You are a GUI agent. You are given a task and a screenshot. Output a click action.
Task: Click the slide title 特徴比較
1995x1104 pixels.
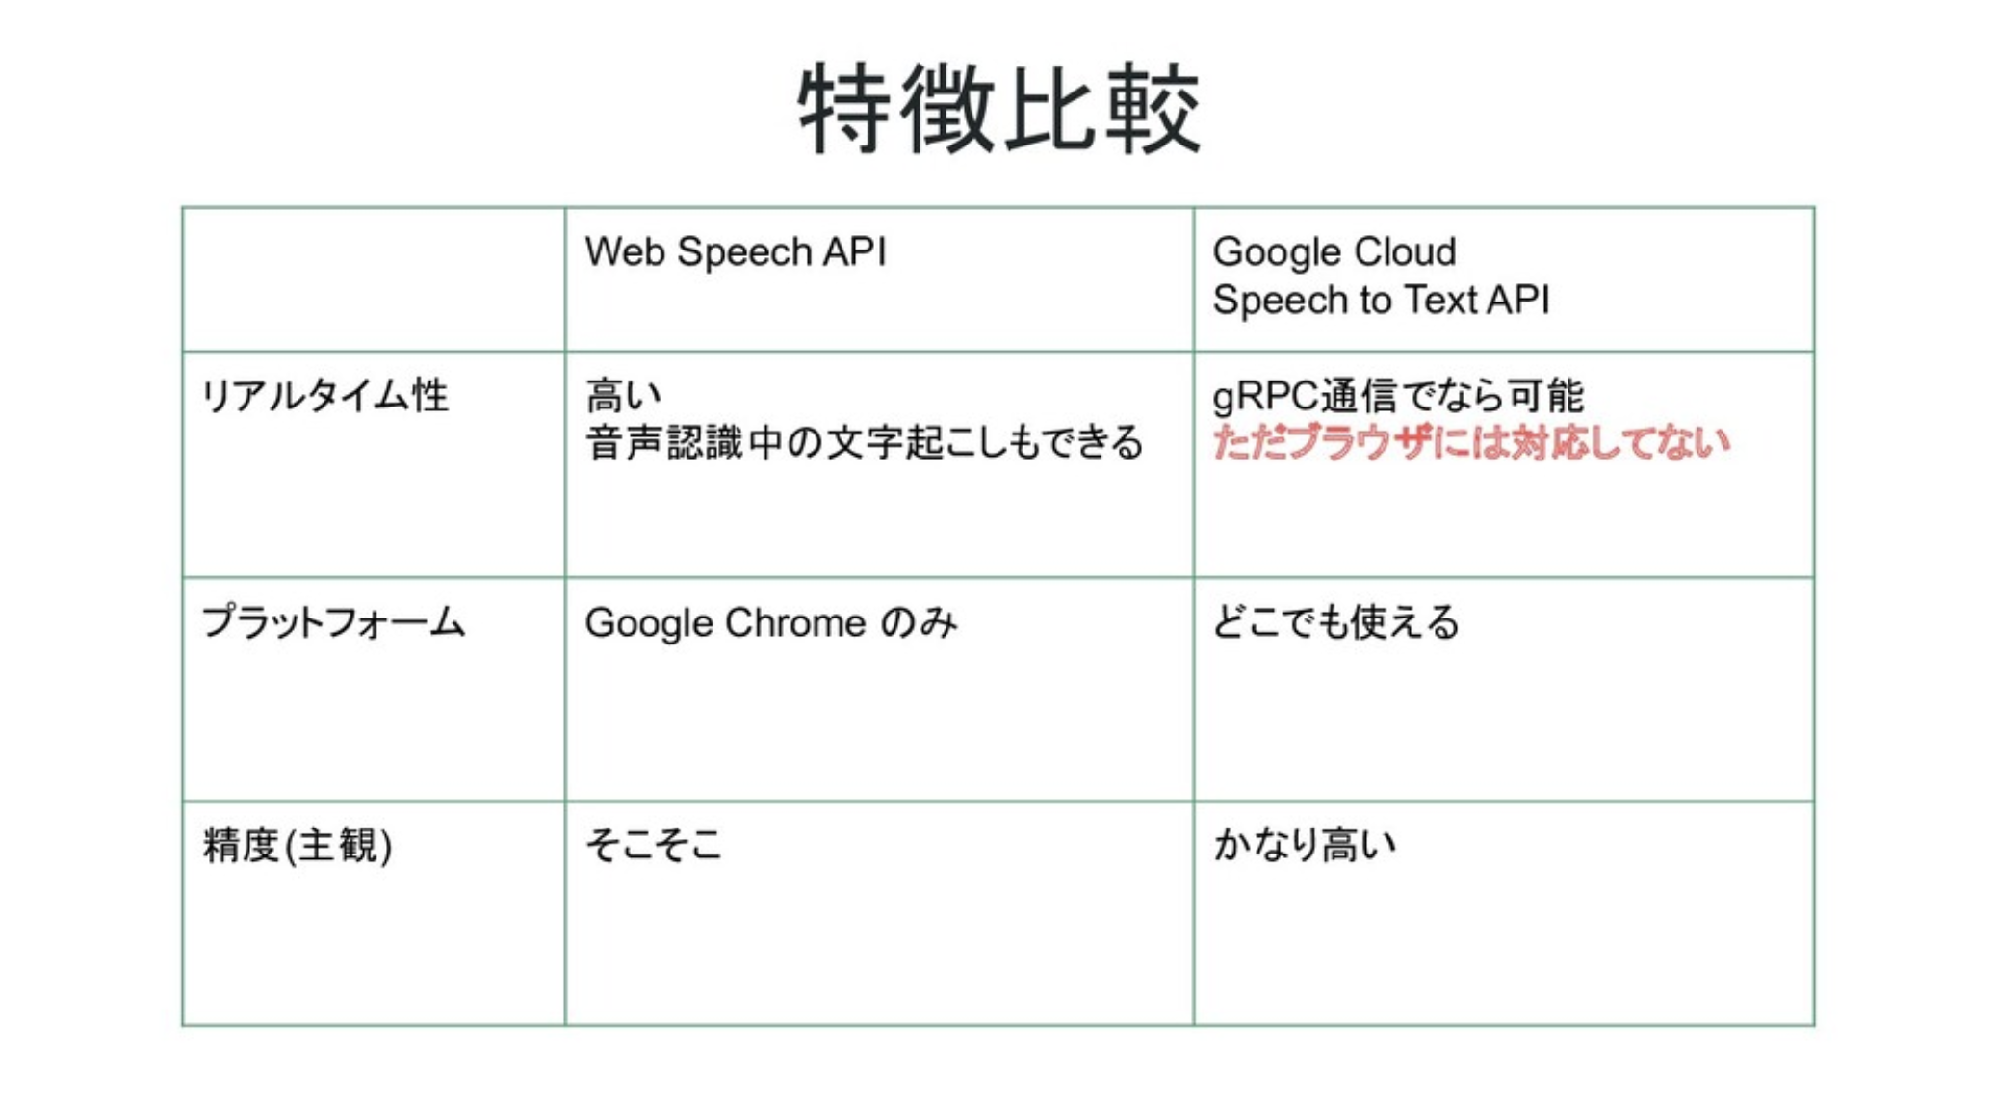coord(999,108)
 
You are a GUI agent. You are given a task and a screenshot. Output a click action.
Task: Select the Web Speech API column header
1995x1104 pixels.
coord(735,252)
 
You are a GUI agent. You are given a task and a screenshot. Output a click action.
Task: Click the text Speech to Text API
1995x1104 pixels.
coord(1381,301)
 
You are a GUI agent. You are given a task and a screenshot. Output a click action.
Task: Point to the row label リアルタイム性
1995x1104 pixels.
coord(324,396)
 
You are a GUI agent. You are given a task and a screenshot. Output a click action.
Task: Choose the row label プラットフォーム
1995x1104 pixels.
coord(333,622)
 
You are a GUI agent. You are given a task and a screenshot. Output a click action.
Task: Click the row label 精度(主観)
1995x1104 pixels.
coord(298,846)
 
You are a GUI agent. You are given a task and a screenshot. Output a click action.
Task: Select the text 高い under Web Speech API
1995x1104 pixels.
coord(623,396)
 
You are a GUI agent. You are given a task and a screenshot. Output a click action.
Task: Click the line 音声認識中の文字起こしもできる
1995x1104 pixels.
coord(864,443)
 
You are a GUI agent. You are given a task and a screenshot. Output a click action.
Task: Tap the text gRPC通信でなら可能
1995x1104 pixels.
coord(1398,396)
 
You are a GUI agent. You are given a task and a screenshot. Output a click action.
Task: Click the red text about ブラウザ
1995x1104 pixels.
coord(1470,443)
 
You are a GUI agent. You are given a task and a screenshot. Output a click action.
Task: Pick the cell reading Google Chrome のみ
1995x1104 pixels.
coord(770,622)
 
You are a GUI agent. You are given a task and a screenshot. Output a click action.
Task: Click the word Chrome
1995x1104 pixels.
coord(795,622)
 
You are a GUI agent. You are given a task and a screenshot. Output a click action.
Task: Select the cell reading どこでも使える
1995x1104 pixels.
coord(1335,622)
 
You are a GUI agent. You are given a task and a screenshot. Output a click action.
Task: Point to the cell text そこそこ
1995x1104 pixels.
coord(654,846)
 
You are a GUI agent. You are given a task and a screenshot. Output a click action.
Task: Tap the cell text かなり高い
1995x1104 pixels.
coord(1304,846)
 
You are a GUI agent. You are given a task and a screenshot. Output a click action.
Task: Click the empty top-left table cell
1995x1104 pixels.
coord(374,279)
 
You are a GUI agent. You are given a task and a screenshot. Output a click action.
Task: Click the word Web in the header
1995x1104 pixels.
coord(626,252)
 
